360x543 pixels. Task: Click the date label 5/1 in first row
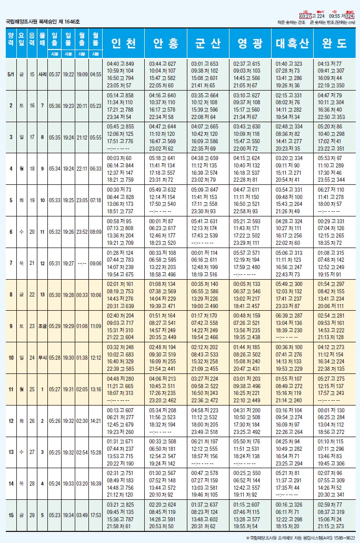coord(11,74)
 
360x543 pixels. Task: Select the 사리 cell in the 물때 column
coord(43,74)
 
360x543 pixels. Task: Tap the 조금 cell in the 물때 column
coord(43,326)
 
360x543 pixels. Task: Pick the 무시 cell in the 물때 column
coord(43,358)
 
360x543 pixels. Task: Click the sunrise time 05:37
coord(54,74)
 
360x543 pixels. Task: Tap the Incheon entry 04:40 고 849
coord(120,63)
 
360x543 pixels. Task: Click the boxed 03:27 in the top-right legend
coord(305,16)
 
